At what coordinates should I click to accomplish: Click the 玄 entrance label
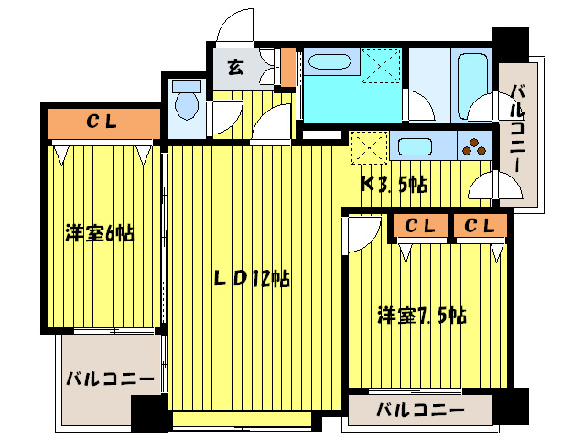point(235,67)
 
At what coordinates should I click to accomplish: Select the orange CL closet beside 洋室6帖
point(101,121)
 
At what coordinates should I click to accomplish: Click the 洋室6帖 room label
point(99,233)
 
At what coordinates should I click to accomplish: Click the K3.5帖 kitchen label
point(393,183)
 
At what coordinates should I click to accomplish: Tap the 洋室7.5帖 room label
point(422,316)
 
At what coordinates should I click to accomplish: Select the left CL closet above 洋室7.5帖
point(419,225)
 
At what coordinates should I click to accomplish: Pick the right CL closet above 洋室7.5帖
point(479,225)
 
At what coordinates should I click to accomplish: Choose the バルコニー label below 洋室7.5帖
point(420,411)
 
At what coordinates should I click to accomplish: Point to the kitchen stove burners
point(474,146)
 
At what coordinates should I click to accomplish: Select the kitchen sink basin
point(420,146)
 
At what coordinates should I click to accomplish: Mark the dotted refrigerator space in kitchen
point(370,146)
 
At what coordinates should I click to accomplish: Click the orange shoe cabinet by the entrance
point(287,67)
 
